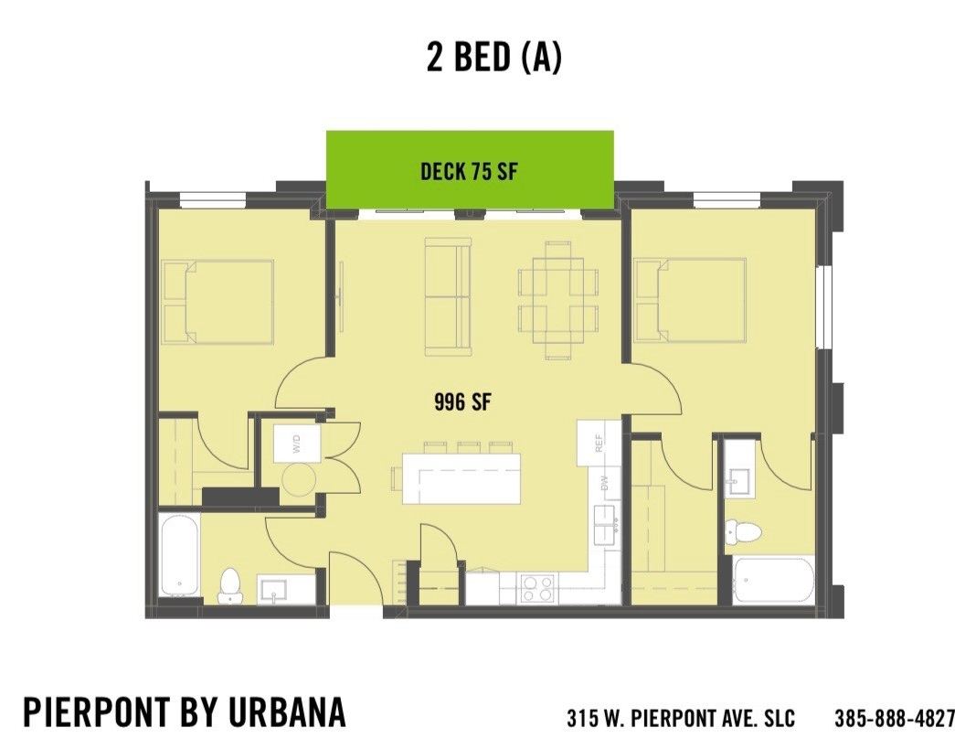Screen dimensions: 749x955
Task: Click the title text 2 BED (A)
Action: point(493,57)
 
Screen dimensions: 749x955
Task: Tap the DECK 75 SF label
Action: point(470,171)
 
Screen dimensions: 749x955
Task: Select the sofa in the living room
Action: point(448,296)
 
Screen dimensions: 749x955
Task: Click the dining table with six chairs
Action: point(551,298)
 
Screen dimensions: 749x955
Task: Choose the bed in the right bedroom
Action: point(690,299)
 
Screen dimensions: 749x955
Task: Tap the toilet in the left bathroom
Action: point(230,585)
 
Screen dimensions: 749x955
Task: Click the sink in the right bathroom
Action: point(737,481)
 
